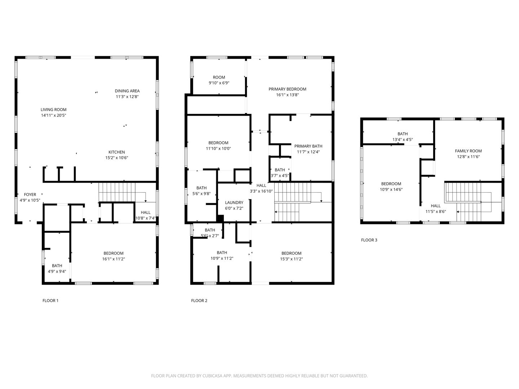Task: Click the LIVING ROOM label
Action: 53,109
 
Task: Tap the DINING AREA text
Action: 127,91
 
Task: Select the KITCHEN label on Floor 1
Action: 116,152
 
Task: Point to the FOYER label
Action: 30,194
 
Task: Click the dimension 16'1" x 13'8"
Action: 288,95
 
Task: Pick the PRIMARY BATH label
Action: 308,146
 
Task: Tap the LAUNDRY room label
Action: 234,203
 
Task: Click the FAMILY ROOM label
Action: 469,151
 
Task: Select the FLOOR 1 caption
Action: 50,301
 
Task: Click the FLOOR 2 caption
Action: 199,301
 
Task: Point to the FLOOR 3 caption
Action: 369,240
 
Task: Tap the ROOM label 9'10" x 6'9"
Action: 219,77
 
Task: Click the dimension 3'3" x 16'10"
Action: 261,191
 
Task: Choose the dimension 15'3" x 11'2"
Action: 292,259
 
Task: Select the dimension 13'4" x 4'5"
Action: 403,140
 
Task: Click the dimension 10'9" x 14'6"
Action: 391,189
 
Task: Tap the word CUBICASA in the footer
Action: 212,376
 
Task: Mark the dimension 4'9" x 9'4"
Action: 57,272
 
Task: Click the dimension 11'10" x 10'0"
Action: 218,148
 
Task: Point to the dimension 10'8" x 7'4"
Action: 145,218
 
